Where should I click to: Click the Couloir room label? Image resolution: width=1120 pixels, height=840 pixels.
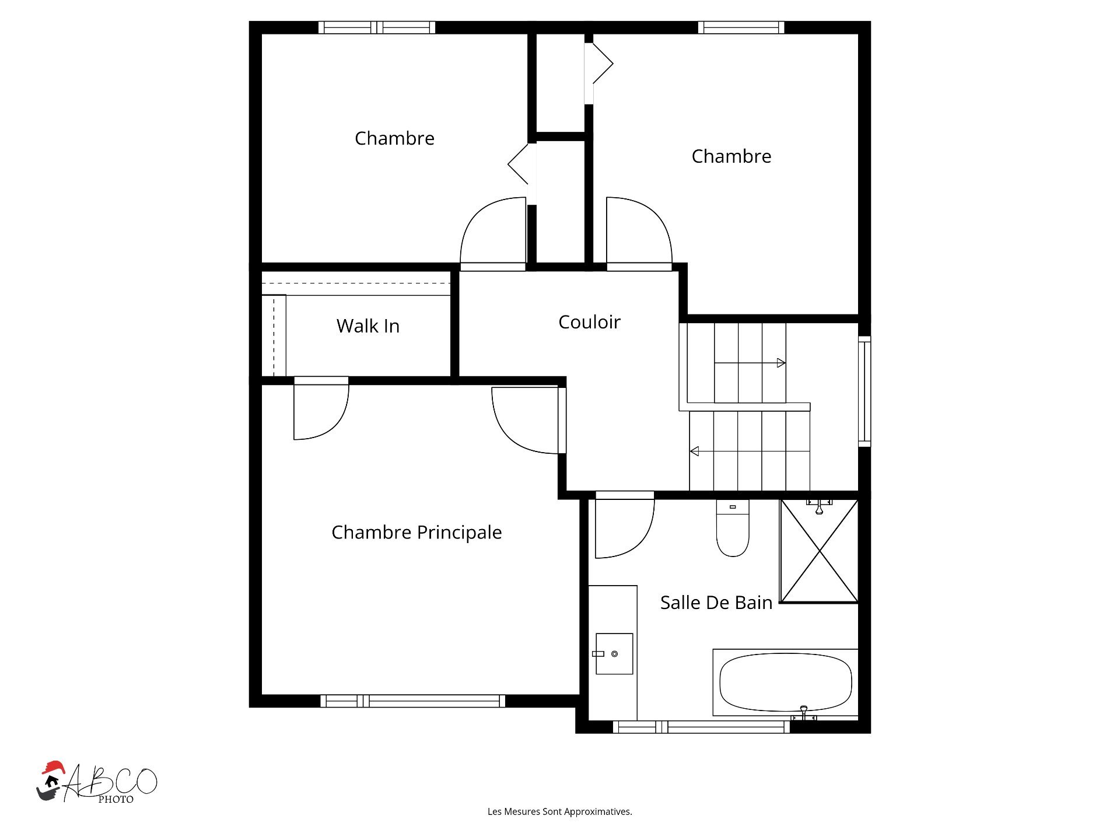(x=589, y=322)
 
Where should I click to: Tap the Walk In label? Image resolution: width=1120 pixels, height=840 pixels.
(x=368, y=326)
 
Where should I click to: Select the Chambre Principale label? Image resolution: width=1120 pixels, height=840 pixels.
(x=416, y=533)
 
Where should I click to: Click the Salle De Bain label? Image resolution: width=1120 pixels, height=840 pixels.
(x=716, y=603)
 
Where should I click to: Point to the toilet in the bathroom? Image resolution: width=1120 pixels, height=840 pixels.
(x=733, y=528)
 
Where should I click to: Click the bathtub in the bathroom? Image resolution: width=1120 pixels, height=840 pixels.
(x=785, y=682)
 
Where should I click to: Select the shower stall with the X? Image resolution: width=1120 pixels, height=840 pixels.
(x=819, y=551)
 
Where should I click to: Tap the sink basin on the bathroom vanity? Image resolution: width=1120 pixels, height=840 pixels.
(x=614, y=654)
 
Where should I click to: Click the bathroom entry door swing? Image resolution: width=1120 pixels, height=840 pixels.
(x=625, y=525)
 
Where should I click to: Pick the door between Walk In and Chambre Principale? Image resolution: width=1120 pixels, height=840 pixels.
(x=321, y=408)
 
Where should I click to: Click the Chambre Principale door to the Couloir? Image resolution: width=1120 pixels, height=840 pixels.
(x=528, y=421)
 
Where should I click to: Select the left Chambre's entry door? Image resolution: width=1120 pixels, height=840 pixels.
(x=493, y=233)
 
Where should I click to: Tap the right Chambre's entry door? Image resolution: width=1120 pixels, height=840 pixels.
(x=639, y=233)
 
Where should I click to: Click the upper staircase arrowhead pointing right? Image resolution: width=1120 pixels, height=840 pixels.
(x=781, y=363)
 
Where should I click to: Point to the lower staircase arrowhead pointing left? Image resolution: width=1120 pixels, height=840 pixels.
(x=694, y=451)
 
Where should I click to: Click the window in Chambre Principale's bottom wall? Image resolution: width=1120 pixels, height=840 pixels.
(x=412, y=701)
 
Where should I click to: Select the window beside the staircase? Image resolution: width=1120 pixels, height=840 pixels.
(x=864, y=391)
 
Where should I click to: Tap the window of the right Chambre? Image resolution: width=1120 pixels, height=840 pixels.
(x=741, y=27)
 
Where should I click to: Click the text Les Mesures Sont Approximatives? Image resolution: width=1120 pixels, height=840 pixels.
(x=560, y=811)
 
